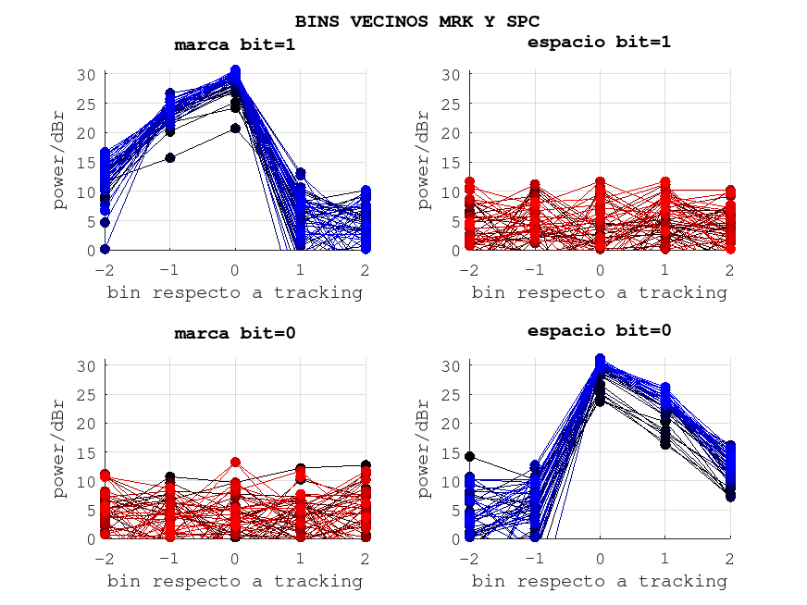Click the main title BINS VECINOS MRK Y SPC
417,20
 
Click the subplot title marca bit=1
235,44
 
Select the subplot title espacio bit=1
599,42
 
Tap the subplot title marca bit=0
235,333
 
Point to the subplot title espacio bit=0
599,330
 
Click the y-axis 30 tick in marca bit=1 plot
88,75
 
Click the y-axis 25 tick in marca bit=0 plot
88,395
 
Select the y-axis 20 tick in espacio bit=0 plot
453,424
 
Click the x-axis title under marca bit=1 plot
235,293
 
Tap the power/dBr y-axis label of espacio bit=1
424,160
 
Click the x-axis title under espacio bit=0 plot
599,582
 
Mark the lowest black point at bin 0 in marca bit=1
235,129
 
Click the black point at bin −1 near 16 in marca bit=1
170,157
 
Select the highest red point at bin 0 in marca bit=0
235,462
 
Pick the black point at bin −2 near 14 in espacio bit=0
470,457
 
